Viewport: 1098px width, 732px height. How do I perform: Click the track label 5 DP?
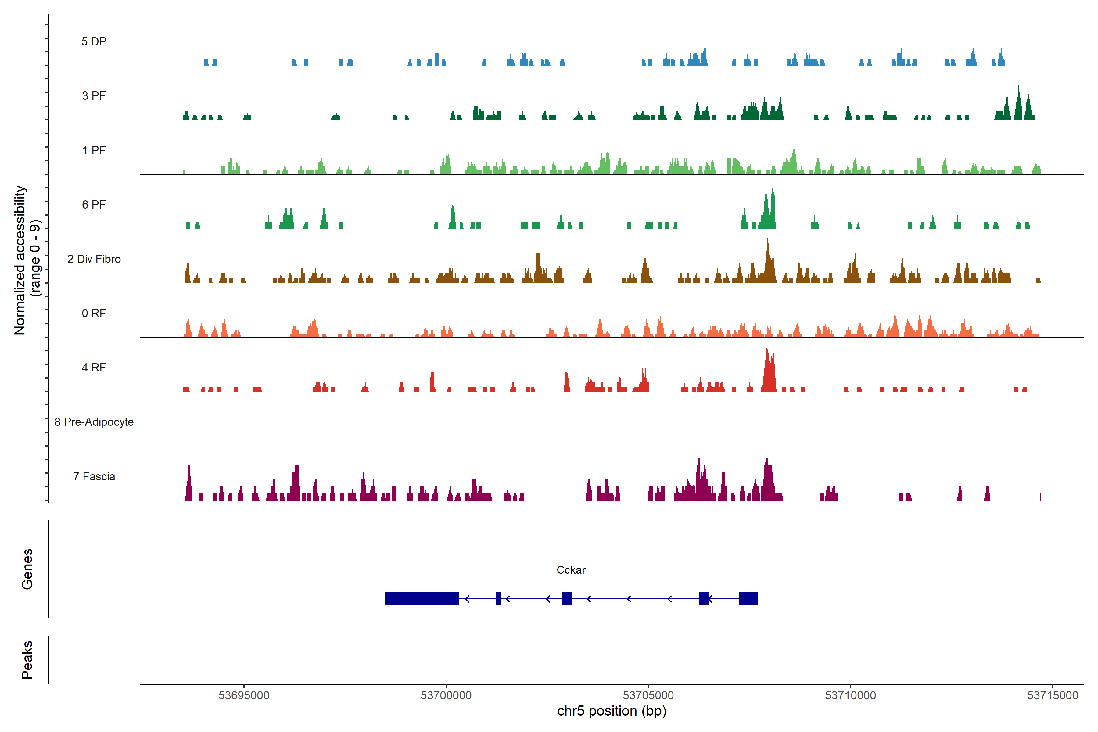click(x=94, y=41)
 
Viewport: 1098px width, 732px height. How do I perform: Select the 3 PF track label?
click(x=94, y=96)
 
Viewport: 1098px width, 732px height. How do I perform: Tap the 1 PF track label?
click(x=94, y=150)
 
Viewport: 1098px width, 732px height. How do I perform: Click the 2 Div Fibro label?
click(x=94, y=259)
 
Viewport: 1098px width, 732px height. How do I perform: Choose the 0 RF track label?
click(x=94, y=313)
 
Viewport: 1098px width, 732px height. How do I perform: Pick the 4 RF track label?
click(x=94, y=368)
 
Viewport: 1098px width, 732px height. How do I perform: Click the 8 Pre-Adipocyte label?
click(x=94, y=422)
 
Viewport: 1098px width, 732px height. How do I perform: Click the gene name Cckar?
click(x=571, y=570)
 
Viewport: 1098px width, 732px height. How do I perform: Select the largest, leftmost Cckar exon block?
click(x=422, y=598)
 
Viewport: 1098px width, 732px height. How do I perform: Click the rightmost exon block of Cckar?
click(x=748, y=598)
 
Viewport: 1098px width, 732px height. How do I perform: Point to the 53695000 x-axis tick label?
click(x=244, y=696)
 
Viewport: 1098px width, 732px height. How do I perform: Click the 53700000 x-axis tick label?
click(x=446, y=696)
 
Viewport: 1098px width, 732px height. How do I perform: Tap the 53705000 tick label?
click(x=648, y=696)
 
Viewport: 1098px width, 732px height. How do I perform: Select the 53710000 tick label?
click(x=851, y=696)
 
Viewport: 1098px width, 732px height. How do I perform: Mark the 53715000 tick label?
click(x=1053, y=696)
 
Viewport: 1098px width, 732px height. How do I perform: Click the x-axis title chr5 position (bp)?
click(x=612, y=711)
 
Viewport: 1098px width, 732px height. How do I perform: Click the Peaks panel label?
click(x=27, y=660)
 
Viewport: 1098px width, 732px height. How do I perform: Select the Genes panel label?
click(x=27, y=569)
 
